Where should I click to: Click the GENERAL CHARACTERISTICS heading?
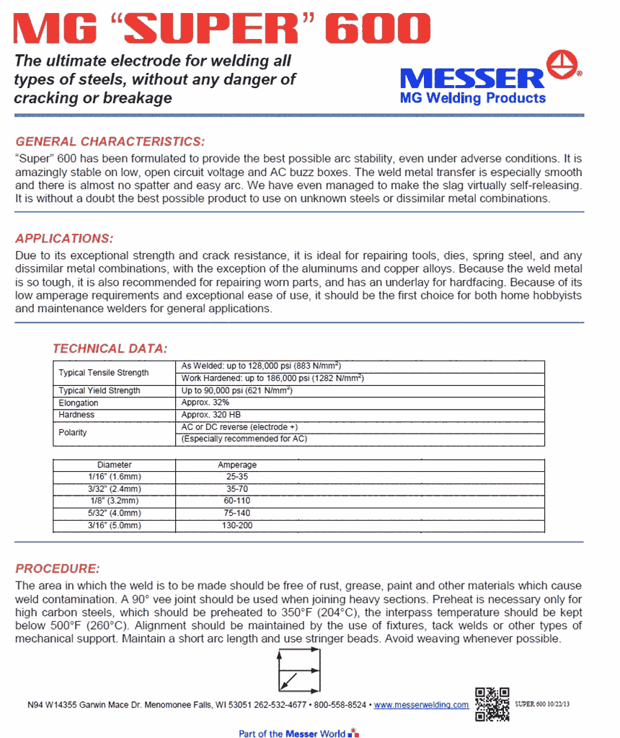[x=110, y=141]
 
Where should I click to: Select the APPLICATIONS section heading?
[x=64, y=238]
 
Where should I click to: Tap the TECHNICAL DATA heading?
[x=110, y=348]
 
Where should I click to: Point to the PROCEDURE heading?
[x=58, y=568]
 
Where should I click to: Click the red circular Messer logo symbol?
[x=564, y=66]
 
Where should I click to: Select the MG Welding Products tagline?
[x=472, y=98]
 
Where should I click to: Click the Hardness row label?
[x=76, y=415]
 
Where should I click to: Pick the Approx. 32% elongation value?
[x=205, y=403]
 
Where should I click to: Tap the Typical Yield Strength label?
[x=99, y=390]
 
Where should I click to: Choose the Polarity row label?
[x=73, y=433]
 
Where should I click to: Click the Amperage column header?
[x=237, y=465]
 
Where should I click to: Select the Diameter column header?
[x=115, y=465]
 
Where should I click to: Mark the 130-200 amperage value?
[x=237, y=526]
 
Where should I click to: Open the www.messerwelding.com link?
[x=421, y=705]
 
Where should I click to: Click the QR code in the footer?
[x=492, y=704]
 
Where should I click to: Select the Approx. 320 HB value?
[x=209, y=415]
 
